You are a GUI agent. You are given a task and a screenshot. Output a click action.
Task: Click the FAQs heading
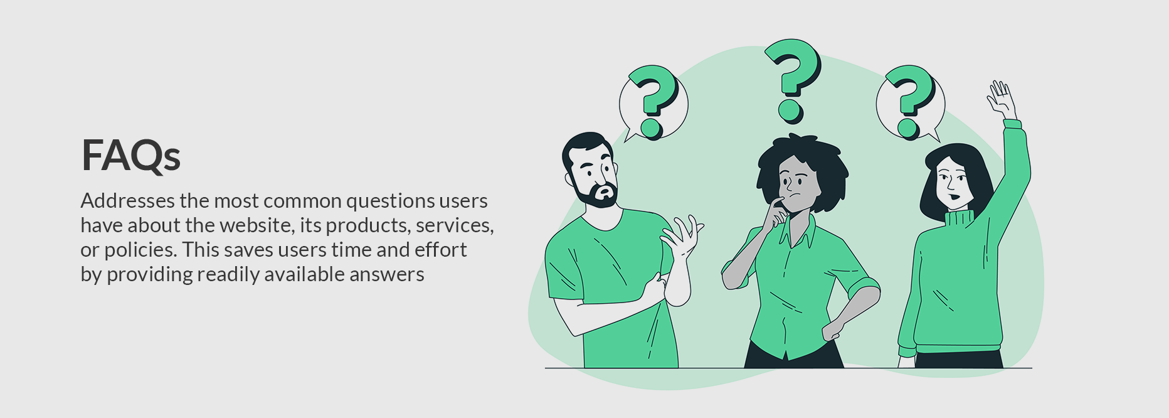tap(131, 155)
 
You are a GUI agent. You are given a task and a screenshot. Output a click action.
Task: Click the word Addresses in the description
tap(128, 201)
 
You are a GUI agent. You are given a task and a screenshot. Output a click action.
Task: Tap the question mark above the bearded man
tap(653, 100)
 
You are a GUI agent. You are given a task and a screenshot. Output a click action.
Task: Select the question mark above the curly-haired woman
tap(792, 80)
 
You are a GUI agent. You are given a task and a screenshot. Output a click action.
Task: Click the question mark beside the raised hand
tap(911, 101)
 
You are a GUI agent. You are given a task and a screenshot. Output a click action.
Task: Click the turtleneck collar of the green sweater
tap(959, 219)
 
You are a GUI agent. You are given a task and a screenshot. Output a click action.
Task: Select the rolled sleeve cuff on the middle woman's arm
tap(864, 288)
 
